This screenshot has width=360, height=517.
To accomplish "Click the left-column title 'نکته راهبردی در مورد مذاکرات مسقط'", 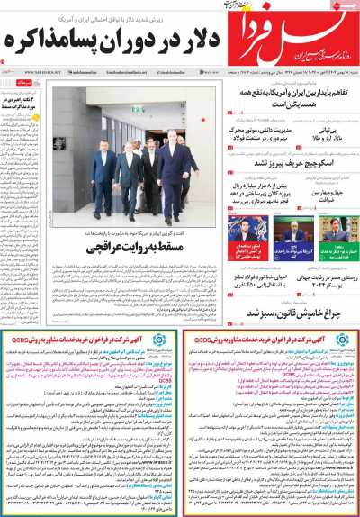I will tap(28, 100).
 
